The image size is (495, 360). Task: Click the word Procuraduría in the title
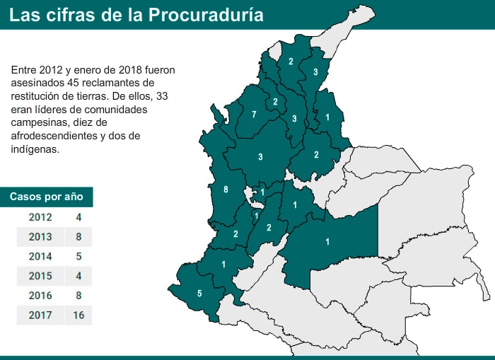coord(206,15)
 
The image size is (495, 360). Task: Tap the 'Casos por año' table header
coord(46,197)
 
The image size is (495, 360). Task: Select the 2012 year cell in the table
coord(40,217)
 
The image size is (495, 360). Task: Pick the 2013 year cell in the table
coord(40,237)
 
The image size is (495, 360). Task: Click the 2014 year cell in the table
coord(40,257)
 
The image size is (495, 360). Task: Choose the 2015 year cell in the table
coord(40,276)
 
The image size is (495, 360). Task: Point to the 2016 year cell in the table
coord(40,296)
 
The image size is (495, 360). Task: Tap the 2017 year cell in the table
coord(40,315)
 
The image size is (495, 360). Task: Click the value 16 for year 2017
coord(78,315)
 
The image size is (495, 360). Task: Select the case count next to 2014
coord(78,257)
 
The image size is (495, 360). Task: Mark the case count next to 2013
coord(78,237)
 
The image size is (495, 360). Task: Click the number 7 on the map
coord(254,115)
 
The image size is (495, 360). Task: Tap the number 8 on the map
coord(226,190)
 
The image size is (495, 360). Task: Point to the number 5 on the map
coord(199,294)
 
